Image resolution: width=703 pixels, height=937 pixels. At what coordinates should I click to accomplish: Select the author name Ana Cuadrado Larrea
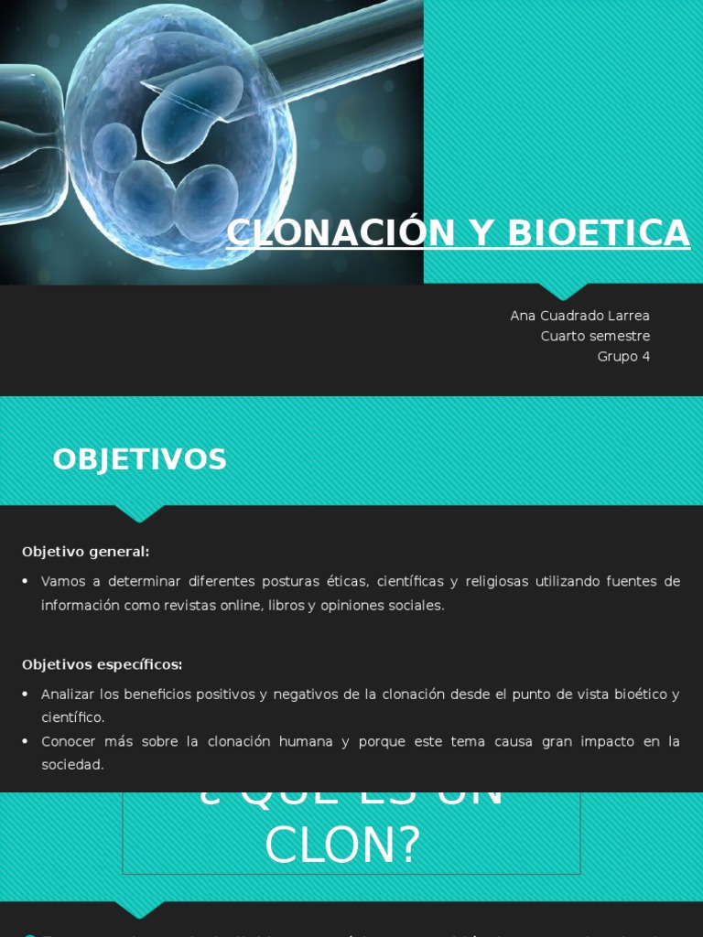click(x=579, y=316)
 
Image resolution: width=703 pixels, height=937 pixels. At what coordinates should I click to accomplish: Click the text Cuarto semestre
click(x=595, y=336)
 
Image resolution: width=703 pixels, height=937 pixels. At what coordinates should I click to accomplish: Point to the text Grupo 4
click(x=623, y=356)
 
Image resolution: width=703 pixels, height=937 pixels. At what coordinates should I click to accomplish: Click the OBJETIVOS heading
click(x=139, y=459)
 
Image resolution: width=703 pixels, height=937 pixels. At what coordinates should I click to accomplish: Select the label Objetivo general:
click(x=85, y=552)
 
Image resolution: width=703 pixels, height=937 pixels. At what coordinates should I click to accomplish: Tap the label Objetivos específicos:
click(x=102, y=664)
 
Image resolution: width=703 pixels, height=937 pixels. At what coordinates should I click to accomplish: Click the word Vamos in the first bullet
click(x=62, y=582)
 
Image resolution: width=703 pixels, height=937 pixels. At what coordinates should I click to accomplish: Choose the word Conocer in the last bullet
click(x=68, y=741)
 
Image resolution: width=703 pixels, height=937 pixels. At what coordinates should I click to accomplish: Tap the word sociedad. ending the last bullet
click(x=72, y=764)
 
